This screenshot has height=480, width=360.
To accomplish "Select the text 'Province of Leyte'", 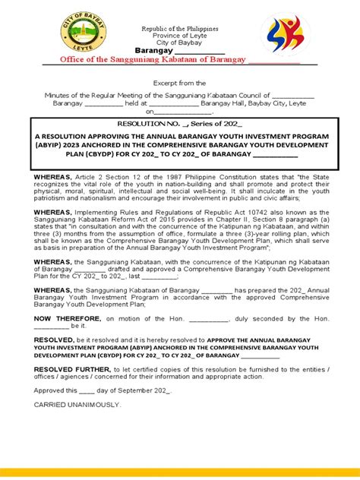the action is [x=180, y=36].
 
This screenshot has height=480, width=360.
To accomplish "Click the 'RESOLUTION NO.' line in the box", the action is [x=179, y=122].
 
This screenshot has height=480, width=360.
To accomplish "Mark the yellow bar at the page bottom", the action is [x=180, y=472].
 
